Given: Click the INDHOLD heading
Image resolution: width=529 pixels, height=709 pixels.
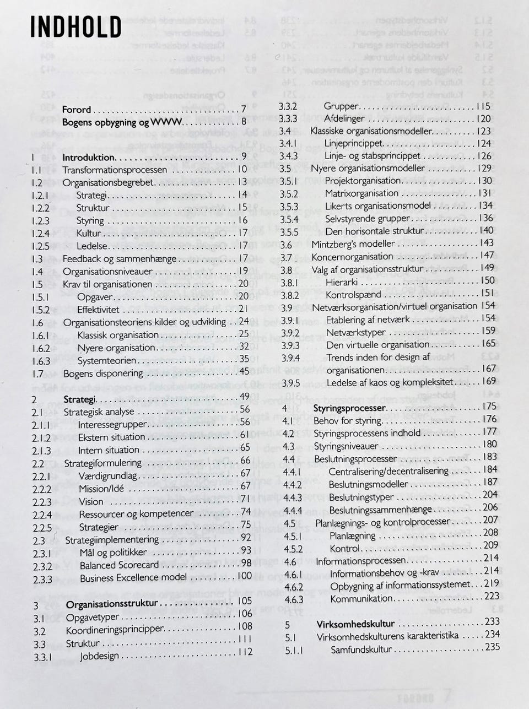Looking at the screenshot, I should tap(75, 28).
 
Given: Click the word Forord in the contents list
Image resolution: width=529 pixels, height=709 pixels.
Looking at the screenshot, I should tap(77, 110).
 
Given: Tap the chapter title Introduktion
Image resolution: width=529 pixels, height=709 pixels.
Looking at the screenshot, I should tap(88, 157).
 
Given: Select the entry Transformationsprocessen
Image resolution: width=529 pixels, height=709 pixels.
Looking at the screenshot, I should tap(115, 170).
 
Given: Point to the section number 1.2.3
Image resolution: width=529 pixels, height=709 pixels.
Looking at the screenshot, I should tap(40, 221).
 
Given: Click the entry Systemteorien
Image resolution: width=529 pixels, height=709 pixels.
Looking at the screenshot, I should tap(107, 360).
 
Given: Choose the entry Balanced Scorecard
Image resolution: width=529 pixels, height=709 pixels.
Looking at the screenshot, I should tap(119, 565).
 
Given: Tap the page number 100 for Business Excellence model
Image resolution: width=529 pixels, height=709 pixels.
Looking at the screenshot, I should tap(244, 576).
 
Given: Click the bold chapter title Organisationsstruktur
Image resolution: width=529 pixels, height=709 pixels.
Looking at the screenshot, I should tap(112, 604).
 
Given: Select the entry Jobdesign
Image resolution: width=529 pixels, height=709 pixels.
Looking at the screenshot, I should tap(99, 656).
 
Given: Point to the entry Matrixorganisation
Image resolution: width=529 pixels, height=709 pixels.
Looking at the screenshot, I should tap(361, 193).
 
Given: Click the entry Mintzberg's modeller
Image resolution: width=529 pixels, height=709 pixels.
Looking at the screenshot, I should tap(353, 244).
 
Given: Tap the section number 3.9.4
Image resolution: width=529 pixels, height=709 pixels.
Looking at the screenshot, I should tap(290, 358).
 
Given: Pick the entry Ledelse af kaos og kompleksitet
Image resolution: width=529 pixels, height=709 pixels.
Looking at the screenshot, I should tap(390, 382).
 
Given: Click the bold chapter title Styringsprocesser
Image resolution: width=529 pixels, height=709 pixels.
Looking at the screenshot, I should tap(349, 408).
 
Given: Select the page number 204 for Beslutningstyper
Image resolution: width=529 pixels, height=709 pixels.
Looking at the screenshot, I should tap(490, 495).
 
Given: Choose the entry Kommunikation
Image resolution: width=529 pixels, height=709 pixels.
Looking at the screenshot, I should tap(361, 599).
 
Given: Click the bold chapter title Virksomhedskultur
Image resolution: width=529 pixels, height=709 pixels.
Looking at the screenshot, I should tap(355, 624).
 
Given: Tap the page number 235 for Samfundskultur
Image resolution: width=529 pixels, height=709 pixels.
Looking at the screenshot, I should tap(492, 647).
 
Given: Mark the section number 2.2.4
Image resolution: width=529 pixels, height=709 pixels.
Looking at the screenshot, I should tap(42, 515).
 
